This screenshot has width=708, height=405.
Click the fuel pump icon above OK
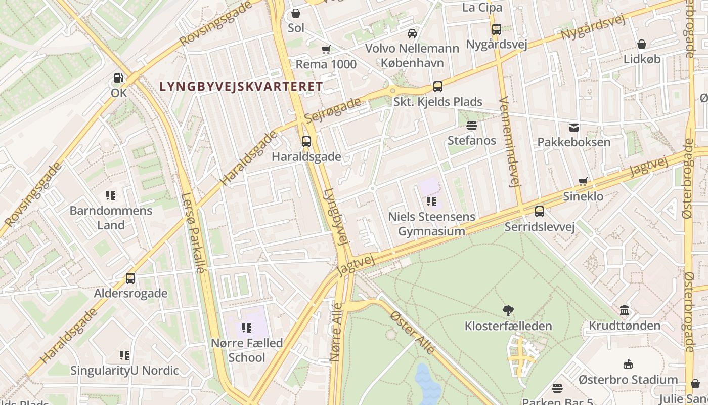[118, 78]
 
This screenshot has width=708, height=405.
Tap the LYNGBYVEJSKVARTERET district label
[241, 87]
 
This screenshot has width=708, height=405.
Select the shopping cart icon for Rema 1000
[326, 50]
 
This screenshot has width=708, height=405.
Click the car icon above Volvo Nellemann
[412, 33]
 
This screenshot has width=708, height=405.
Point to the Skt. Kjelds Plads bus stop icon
[438, 87]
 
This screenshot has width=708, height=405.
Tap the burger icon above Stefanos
[472, 125]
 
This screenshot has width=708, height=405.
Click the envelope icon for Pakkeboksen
[574, 127]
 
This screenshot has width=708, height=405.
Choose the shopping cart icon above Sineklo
[584, 181]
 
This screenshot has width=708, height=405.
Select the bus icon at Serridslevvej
[540, 212]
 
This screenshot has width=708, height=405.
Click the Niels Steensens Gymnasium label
[431, 224]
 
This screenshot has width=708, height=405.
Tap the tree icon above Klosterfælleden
[508, 311]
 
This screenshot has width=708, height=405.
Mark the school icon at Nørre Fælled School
[247, 328]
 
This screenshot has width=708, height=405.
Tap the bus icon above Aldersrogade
[130, 278]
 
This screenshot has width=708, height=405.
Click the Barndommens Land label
[111, 218]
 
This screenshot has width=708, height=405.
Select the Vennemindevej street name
[509, 142]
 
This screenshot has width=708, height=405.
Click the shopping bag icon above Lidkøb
[642, 45]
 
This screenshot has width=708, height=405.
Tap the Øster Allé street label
[413, 332]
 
